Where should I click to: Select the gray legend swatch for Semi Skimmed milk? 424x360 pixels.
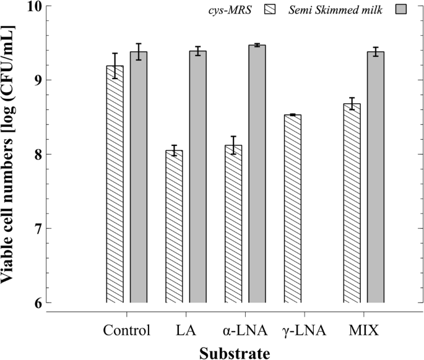tap(405, 11)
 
